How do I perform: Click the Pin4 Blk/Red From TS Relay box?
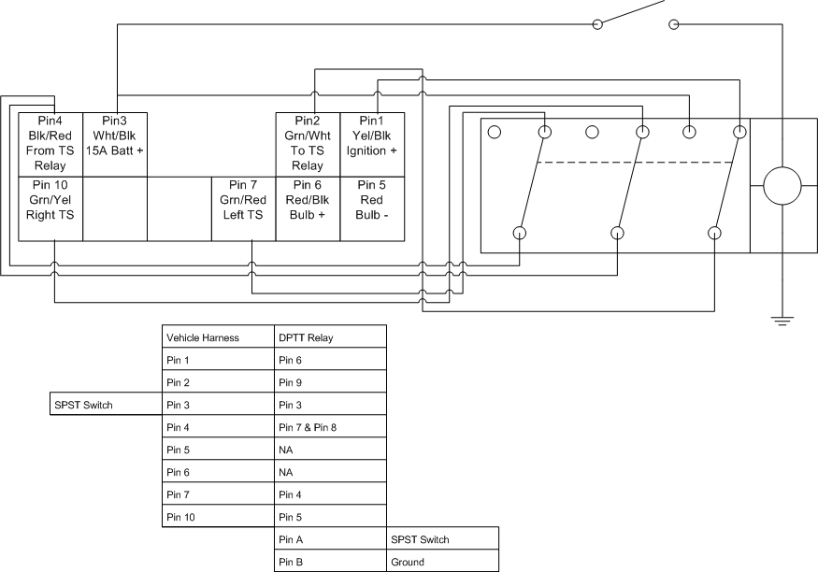click(50, 145)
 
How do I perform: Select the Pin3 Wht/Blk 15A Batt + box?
click(115, 145)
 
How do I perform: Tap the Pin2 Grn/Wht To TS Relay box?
click(308, 145)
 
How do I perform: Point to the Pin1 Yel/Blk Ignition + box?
click(372, 145)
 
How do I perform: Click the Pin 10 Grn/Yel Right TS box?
click(50, 208)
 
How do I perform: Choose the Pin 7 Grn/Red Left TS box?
click(244, 208)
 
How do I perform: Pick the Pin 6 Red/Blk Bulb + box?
click(308, 208)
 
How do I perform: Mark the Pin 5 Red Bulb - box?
click(372, 208)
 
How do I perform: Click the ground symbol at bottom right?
click(782, 321)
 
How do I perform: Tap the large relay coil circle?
click(782, 186)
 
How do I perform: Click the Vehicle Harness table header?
click(218, 336)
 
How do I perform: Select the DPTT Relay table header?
click(330, 336)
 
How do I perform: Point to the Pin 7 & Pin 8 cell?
click(330, 426)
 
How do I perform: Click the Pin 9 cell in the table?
click(330, 381)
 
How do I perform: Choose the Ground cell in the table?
click(442, 561)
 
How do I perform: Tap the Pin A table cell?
click(330, 538)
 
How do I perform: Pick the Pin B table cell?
click(330, 561)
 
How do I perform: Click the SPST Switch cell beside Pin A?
click(442, 538)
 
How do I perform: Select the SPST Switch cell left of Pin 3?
click(106, 404)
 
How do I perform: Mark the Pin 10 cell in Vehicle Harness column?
click(218, 516)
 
